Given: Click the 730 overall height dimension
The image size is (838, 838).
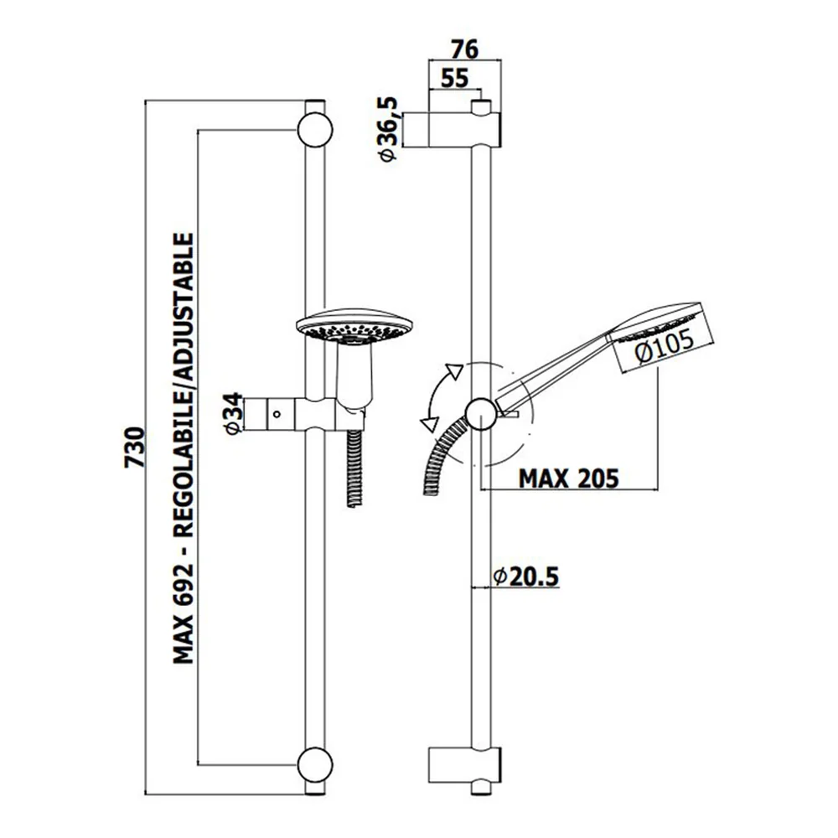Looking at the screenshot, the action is tap(134, 447).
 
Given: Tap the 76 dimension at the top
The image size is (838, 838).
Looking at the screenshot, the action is tap(464, 49).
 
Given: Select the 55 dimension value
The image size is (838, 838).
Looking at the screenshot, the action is tap(454, 78).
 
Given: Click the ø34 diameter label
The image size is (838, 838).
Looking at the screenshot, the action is tap(233, 414).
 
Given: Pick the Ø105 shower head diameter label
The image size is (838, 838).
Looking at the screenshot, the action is tap(665, 346).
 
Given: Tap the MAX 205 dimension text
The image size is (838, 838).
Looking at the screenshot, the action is tap(569, 478).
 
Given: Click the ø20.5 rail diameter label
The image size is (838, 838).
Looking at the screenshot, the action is tap(525, 577).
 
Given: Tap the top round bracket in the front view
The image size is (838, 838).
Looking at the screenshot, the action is tap(315, 130).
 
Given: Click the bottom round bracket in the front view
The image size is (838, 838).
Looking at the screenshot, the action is tap(315, 765).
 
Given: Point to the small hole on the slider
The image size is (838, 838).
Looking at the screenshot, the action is tap(277, 414).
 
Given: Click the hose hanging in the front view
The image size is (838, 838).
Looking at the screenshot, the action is tap(354, 467).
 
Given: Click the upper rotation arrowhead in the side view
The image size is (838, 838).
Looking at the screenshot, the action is tap(453, 371).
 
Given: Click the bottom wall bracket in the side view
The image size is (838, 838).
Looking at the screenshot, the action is tap(465, 765).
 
